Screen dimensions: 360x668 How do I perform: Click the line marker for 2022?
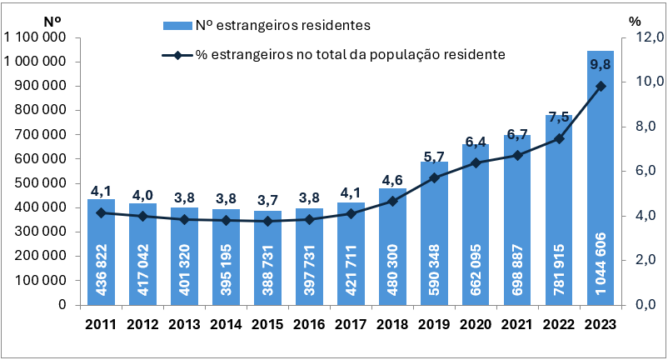[x=559, y=138]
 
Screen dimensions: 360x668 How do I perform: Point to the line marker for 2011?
[x=101, y=212]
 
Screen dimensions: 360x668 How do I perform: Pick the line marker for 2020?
[x=476, y=162]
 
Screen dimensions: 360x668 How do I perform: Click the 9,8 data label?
[x=600, y=64]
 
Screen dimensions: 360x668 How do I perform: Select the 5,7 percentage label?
[x=434, y=157]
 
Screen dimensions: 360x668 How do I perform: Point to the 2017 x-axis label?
[x=351, y=323]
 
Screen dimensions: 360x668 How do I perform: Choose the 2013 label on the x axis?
[x=184, y=323]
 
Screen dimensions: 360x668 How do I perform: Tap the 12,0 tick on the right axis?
[x=648, y=37]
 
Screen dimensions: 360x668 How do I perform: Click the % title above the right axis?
[x=635, y=19]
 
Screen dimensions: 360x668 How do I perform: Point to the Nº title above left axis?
[x=52, y=19]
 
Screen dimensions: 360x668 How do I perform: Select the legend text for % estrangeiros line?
[x=350, y=55]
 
